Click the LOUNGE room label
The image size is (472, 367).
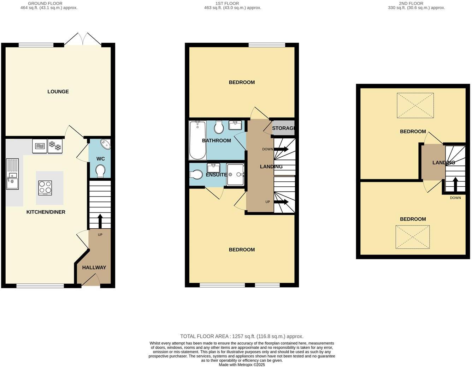tap(58, 92)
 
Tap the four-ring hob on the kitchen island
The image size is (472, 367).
tap(45, 188)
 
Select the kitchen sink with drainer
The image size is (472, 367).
tap(12, 174)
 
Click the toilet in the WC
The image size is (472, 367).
tap(100, 171)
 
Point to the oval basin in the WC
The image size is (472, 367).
tap(105, 144)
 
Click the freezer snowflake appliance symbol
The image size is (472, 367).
tap(55, 146)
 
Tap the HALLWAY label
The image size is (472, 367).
tap(94, 267)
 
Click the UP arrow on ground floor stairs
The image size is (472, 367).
tap(100, 221)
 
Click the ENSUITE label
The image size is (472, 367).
tap(216, 175)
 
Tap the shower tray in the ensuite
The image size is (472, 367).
tap(235, 174)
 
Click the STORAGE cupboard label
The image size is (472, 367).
tap(283, 128)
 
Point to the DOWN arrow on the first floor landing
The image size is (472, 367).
tap(282, 149)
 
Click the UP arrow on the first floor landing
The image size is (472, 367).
tap(282, 202)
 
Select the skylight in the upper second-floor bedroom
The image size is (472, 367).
tap(415, 105)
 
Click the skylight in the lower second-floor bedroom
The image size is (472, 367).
tap(413, 237)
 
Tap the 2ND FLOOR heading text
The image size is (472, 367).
tap(411, 4)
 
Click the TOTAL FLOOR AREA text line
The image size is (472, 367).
tap(242, 336)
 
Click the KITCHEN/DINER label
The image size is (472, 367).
tap(46, 212)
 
